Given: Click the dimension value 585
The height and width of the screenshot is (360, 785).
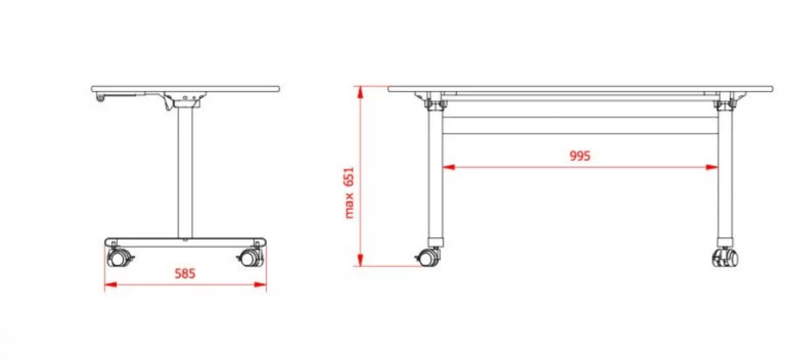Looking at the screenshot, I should (x=185, y=273).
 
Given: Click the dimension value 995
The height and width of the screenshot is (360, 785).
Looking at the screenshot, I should (x=580, y=156).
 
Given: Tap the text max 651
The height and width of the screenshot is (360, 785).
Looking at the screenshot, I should (x=349, y=192).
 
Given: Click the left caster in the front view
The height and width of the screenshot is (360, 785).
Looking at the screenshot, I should (x=428, y=257).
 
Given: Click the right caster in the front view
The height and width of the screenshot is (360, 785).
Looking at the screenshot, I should (x=725, y=257).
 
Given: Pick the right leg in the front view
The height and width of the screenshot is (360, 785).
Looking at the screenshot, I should (x=725, y=177).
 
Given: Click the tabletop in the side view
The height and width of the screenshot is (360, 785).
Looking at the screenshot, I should (x=185, y=88).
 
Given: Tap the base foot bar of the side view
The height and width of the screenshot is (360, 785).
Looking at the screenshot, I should (x=185, y=242).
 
